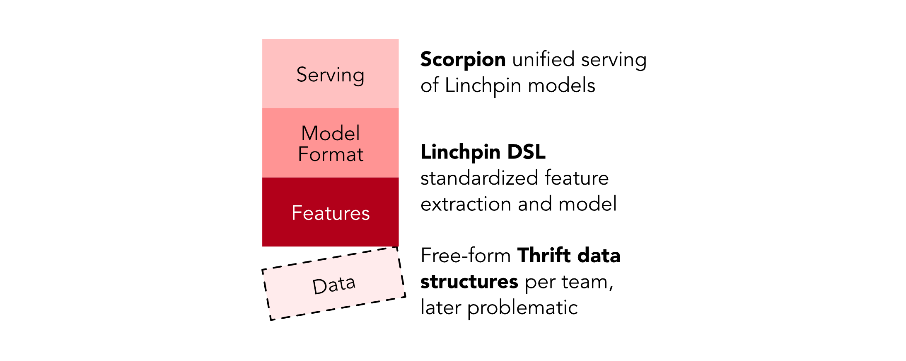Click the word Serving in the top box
[330, 75]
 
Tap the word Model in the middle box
[330, 134]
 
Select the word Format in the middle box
[330, 155]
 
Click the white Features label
[330, 213]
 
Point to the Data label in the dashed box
[333, 285]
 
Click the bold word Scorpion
[463, 60]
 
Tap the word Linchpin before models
[483, 86]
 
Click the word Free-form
[465, 256]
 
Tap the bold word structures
[469, 282]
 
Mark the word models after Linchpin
[561, 86]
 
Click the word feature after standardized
[576, 178]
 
